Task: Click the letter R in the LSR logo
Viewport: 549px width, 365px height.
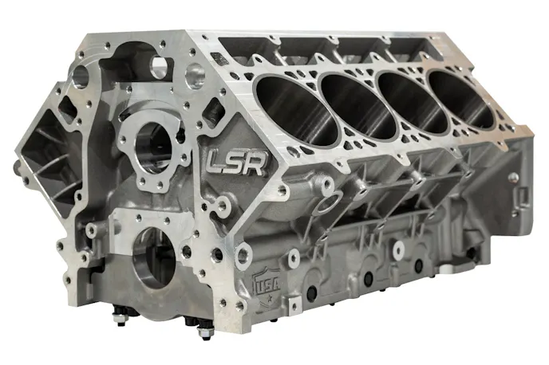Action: (257, 163)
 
